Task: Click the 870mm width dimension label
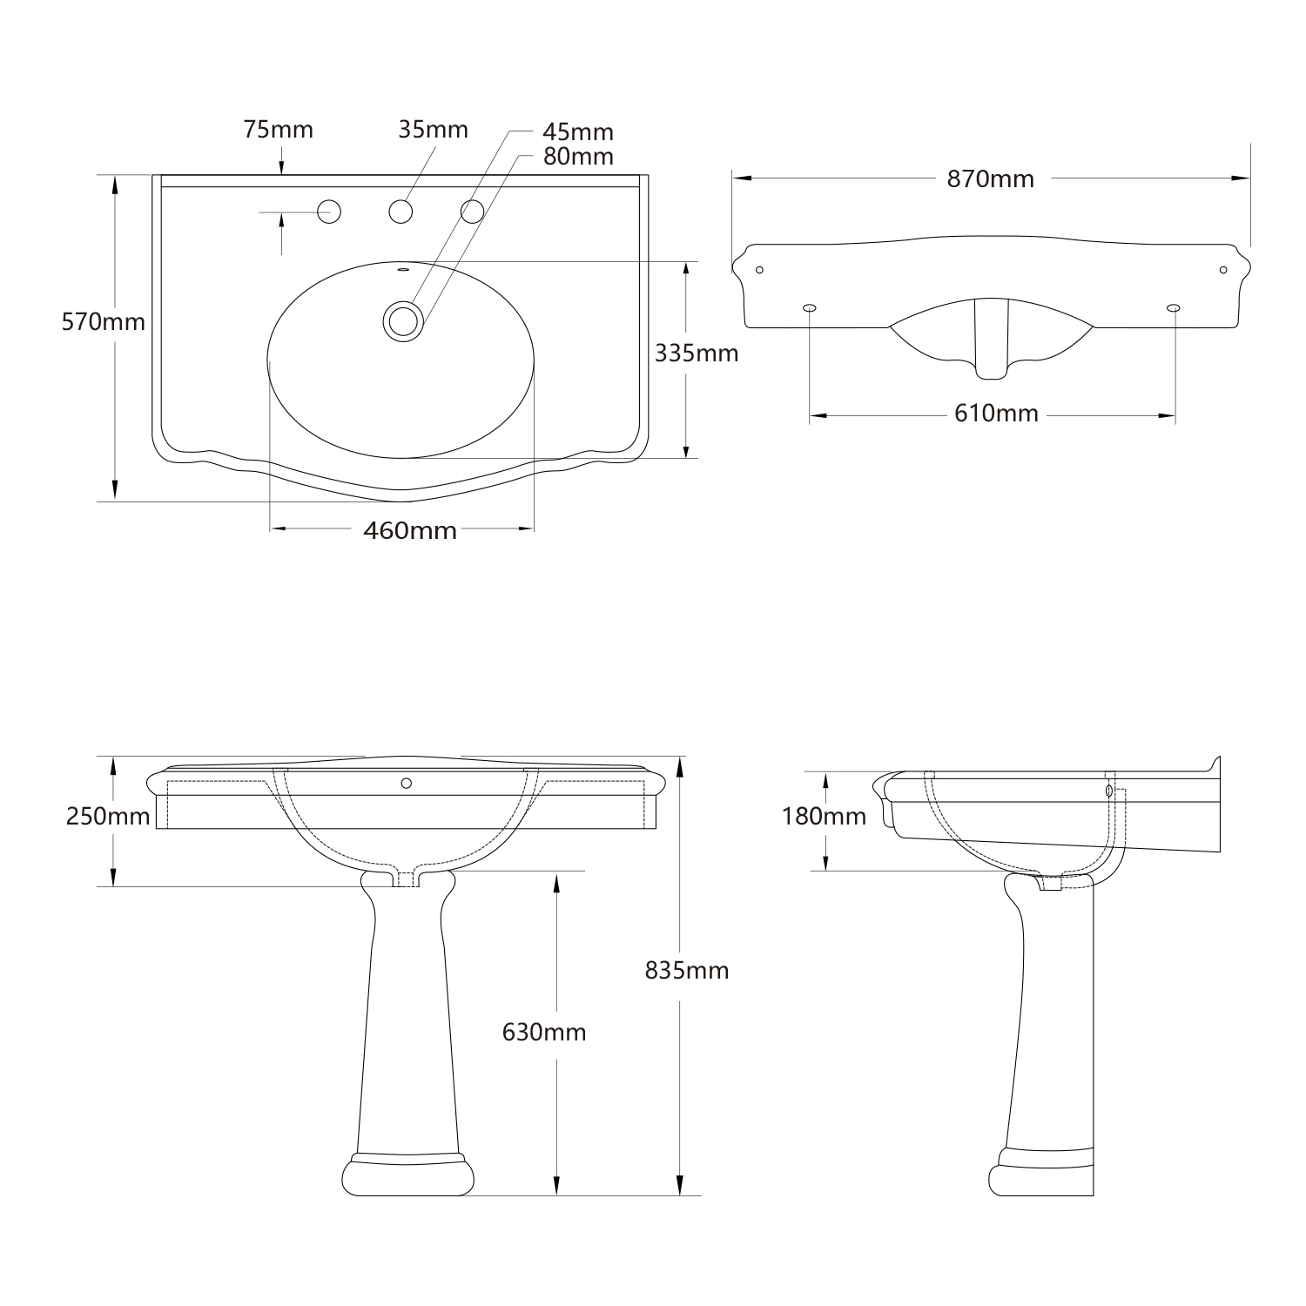[990, 178]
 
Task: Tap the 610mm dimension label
[996, 413]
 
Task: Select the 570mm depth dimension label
[103, 322]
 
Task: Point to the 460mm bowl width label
[409, 529]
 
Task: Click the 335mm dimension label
[696, 353]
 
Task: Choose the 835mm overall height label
[686, 970]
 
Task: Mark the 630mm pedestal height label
[544, 1032]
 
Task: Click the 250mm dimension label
[107, 817]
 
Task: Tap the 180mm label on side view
[824, 816]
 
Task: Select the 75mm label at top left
[278, 130]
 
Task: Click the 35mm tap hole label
[433, 130]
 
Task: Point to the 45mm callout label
[577, 132]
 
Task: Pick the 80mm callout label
[577, 157]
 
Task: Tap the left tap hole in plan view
[329, 211]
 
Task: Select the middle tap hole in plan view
[400, 211]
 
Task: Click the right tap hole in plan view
[472, 211]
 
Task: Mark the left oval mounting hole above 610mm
[810, 307]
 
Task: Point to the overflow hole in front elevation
[406, 783]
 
